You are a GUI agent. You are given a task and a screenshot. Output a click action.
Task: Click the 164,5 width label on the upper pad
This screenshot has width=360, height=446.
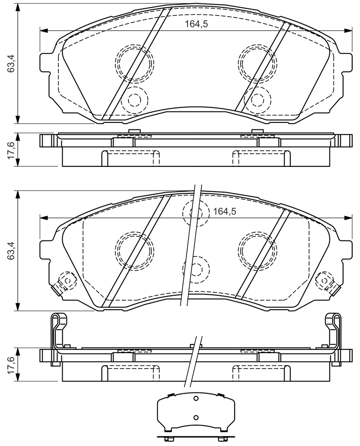point(196,24)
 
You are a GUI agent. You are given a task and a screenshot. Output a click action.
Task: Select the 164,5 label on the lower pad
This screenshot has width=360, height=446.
point(225,211)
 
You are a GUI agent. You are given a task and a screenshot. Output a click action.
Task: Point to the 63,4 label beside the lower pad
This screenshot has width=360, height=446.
point(11,250)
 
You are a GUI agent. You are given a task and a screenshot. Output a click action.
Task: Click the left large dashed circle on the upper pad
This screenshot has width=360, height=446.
point(134,44)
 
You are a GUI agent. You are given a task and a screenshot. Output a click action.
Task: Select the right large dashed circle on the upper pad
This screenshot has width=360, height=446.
point(258,44)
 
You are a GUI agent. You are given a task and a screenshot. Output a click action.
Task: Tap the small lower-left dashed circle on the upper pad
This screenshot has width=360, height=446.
point(135,87)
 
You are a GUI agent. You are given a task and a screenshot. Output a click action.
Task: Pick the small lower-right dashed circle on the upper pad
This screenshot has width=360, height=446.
point(258,87)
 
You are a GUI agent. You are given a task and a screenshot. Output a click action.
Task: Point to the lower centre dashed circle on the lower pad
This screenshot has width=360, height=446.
point(196,256)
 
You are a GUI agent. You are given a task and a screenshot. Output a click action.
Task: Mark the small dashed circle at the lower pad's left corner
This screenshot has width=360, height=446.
point(67,272)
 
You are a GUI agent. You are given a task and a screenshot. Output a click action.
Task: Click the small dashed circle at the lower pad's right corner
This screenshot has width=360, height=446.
point(325,272)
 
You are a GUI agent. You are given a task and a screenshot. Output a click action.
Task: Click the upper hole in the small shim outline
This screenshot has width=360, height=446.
point(195,399)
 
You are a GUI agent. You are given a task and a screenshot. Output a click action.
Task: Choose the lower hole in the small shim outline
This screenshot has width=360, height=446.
point(195,417)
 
